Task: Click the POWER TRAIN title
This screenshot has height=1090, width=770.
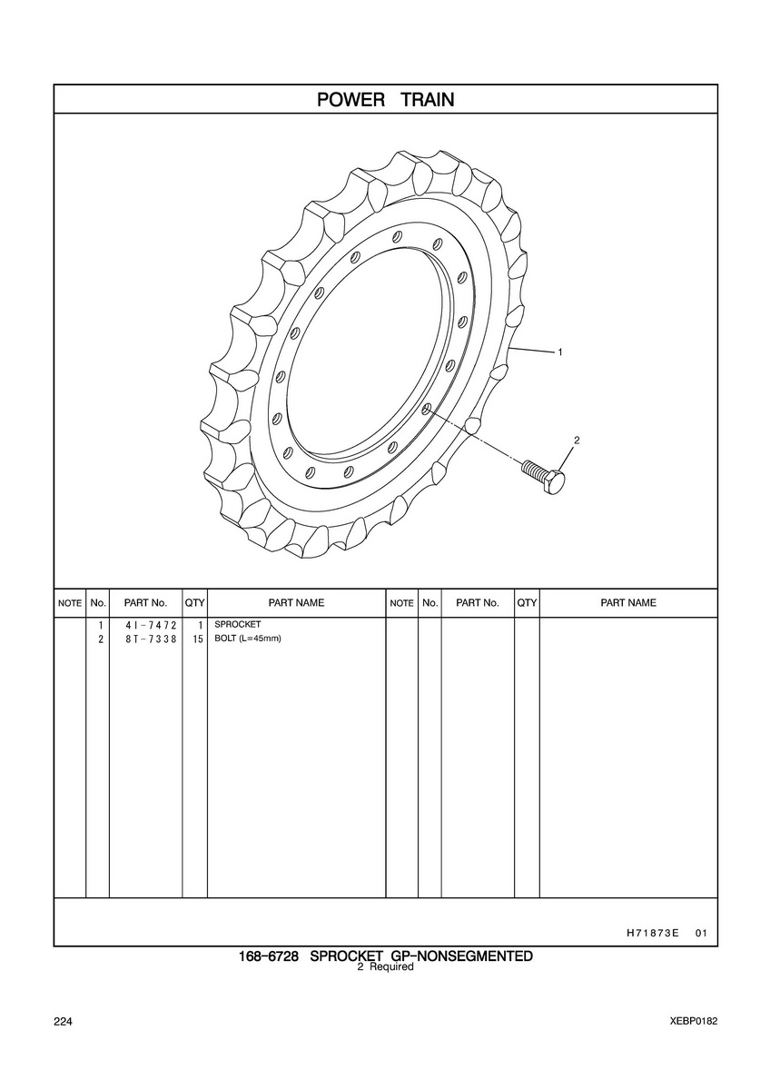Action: click(x=385, y=100)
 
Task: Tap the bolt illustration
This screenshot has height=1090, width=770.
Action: click(x=543, y=477)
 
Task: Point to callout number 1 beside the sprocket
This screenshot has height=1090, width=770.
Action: click(x=560, y=352)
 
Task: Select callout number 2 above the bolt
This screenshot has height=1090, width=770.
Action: click(x=577, y=441)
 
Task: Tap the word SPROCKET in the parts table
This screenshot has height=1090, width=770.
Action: click(x=238, y=624)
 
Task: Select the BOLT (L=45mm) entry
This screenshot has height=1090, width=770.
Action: click(x=248, y=639)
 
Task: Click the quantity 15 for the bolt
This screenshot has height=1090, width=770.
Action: click(x=197, y=639)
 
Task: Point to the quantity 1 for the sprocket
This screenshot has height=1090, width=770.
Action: click(x=200, y=625)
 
